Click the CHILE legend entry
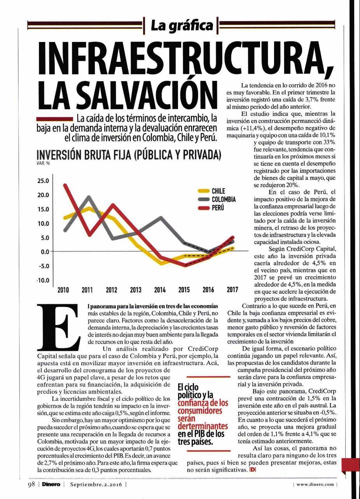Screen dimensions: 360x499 [x=211, y=191]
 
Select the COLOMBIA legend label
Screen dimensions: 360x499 [x=224, y=199]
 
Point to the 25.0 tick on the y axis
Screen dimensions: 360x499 [x=43, y=181]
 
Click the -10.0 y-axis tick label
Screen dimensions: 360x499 [x=43, y=280]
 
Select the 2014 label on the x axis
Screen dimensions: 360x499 [x=160, y=290]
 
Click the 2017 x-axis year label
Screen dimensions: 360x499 [x=232, y=290]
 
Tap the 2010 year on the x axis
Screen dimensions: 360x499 [x=63, y=290]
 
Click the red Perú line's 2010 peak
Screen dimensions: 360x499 [x=65, y=185]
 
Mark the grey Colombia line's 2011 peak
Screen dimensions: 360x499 [x=89, y=197]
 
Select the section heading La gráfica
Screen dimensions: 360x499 [x=182, y=26]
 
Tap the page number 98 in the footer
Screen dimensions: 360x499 [x=31, y=484]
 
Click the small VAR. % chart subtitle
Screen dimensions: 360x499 [x=44, y=163]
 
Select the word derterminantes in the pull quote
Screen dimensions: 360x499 [x=203, y=426]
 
